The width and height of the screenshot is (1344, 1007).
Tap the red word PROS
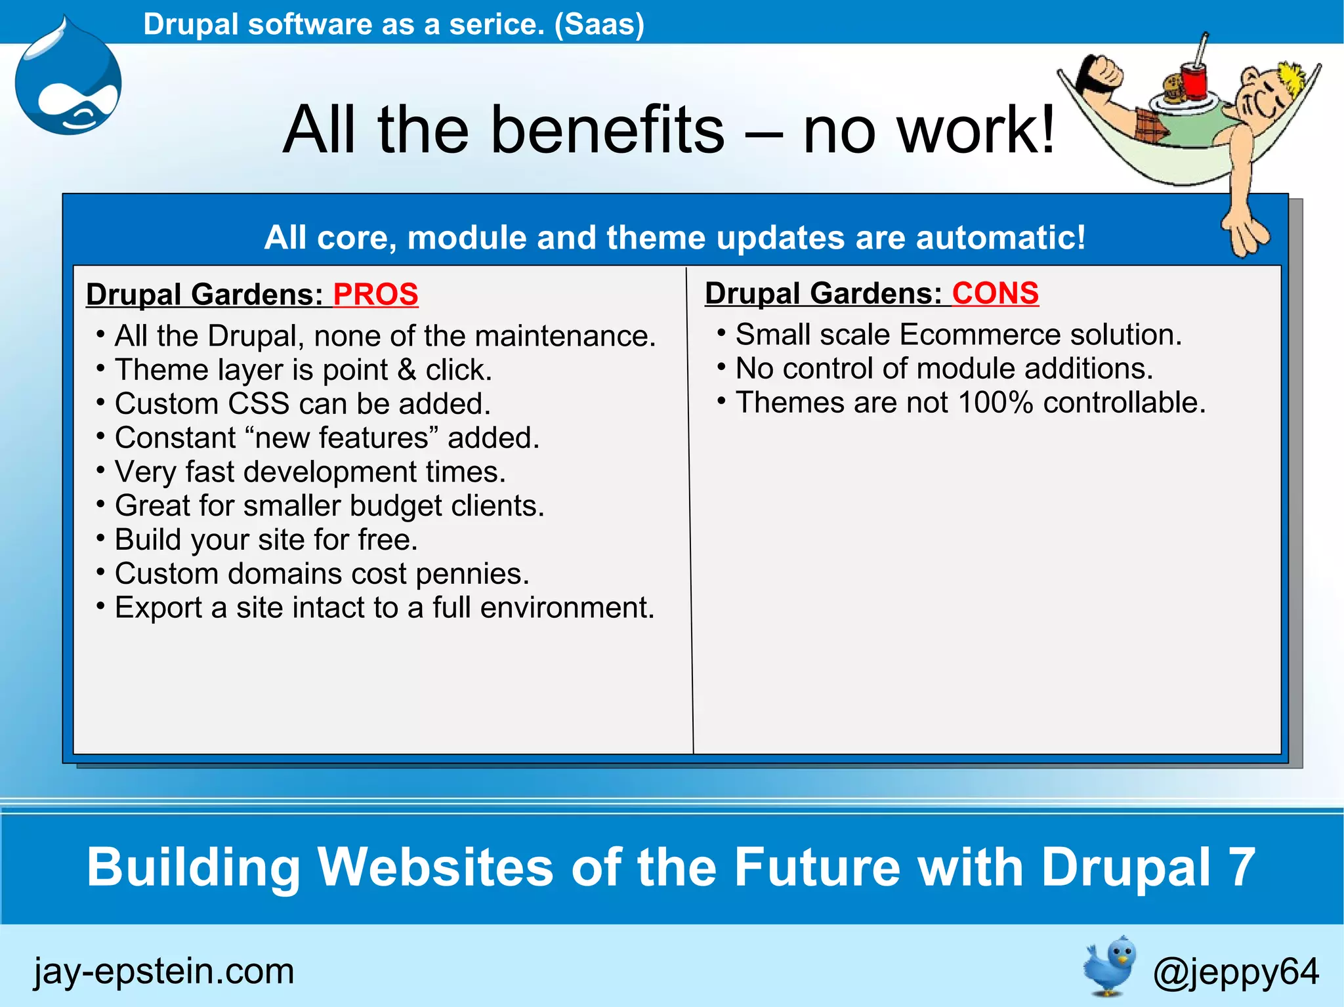375,294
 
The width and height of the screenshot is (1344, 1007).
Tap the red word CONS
995,293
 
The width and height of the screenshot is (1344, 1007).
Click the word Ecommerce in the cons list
979,335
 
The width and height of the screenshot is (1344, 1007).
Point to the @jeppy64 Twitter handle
1235,972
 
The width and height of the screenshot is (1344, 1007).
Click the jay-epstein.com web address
164,971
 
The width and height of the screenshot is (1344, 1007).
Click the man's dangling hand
1244,233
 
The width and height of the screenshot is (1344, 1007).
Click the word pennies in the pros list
471,574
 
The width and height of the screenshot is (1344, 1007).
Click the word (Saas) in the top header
598,24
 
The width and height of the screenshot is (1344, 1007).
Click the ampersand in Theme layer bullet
407,370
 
